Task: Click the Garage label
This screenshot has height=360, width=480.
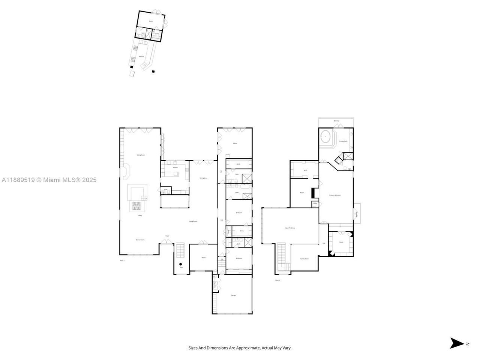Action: pyautogui.click(x=234, y=295)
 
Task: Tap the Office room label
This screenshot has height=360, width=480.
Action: pyautogui.click(x=235, y=143)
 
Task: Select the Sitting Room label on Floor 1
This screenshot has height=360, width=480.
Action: pyautogui.click(x=141, y=155)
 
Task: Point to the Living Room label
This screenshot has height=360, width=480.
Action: pyautogui.click(x=193, y=221)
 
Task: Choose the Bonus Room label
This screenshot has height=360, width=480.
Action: pyautogui.click(x=140, y=240)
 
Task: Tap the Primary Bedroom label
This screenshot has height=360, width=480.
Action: pyautogui.click(x=335, y=195)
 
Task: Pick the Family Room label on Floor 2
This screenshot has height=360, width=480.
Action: pyautogui.click(x=304, y=259)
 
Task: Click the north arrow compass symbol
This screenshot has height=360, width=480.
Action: pyautogui.click(x=457, y=343)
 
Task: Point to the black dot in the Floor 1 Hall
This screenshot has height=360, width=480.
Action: pyautogui.click(x=181, y=264)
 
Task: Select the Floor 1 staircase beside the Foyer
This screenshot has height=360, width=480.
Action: pyautogui.click(x=181, y=250)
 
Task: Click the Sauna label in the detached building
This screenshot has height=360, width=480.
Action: pyautogui.click(x=157, y=34)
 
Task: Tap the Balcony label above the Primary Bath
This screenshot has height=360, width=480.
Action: pyautogui.click(x=336, y=121)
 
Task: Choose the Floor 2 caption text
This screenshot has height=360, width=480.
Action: pyautogui.click(x=277, y=280)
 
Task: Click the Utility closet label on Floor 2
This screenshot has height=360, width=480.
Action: pyautogui.click(x=315, y=204)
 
